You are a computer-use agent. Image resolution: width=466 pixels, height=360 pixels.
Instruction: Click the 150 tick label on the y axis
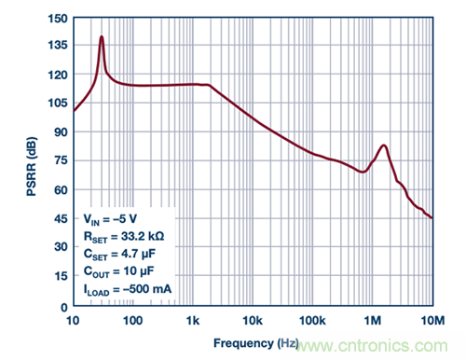pos(58,19)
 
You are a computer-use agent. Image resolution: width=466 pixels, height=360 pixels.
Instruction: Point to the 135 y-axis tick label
pos(58,46)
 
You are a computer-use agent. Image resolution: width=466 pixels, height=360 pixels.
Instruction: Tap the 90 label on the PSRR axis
pos(61,132)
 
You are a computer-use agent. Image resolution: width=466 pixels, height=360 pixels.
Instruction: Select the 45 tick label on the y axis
pos(61,219)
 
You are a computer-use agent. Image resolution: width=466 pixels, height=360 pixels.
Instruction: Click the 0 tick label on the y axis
pos(64,308)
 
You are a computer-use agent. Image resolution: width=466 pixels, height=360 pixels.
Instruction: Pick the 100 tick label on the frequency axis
pos(133,321)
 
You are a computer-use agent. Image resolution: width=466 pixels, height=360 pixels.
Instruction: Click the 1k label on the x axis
pos(193,321)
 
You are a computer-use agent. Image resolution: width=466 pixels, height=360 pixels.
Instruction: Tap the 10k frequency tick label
pos(253,321)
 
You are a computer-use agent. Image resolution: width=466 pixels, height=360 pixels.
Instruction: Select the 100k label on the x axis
pos(312,321)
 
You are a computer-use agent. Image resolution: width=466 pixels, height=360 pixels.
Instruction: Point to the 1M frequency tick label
pos(373,321)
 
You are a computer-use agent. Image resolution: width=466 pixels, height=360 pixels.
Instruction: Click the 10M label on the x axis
pos(432,321)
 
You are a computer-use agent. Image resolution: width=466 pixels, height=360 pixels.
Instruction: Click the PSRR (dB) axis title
pos(32,166)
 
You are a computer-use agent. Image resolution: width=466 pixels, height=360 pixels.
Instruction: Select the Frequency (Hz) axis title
pos(256,343)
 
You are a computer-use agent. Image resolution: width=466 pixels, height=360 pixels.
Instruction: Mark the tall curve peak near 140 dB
pos(102,36)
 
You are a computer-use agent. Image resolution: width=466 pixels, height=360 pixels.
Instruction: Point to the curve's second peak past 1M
pos(384,145)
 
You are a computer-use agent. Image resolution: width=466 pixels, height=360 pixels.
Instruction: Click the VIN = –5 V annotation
pos(110,219)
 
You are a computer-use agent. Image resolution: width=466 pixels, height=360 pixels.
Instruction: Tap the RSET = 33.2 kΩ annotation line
pos(124,237)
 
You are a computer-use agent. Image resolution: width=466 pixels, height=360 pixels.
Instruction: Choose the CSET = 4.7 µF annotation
pos(119,255)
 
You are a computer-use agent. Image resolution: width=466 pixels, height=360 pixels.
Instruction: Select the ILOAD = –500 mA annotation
pos(128,289)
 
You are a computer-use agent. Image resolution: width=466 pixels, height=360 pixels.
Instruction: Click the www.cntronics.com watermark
pos(372,346)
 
